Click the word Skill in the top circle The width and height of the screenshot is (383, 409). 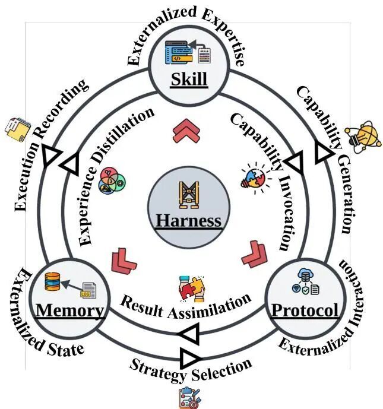(189, 79)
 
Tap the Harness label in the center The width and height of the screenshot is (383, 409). (188, 220)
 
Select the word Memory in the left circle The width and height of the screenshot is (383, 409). (69, 310)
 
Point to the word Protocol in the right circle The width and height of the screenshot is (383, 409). (305, 310)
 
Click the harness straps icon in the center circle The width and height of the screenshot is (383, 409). (189, 195)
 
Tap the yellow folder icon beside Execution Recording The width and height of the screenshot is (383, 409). (17, 130)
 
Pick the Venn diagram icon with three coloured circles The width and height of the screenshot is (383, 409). (112, 180)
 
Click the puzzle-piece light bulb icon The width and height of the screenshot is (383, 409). (255, 178)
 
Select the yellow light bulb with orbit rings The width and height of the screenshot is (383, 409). (363, 137)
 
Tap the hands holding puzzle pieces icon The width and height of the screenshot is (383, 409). (192, 289)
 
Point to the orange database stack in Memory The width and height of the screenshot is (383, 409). (52, 282)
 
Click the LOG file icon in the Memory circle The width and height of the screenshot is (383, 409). (88, 290)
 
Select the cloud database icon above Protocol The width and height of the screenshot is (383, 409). (305, 281)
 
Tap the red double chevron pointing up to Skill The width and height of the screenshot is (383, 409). (186, 131)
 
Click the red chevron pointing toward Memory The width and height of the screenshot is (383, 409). (123, 261)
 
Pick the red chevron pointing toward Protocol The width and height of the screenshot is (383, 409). (255, 254)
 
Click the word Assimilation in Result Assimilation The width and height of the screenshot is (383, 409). (209, 307)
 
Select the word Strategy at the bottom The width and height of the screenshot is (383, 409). (158, 369)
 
